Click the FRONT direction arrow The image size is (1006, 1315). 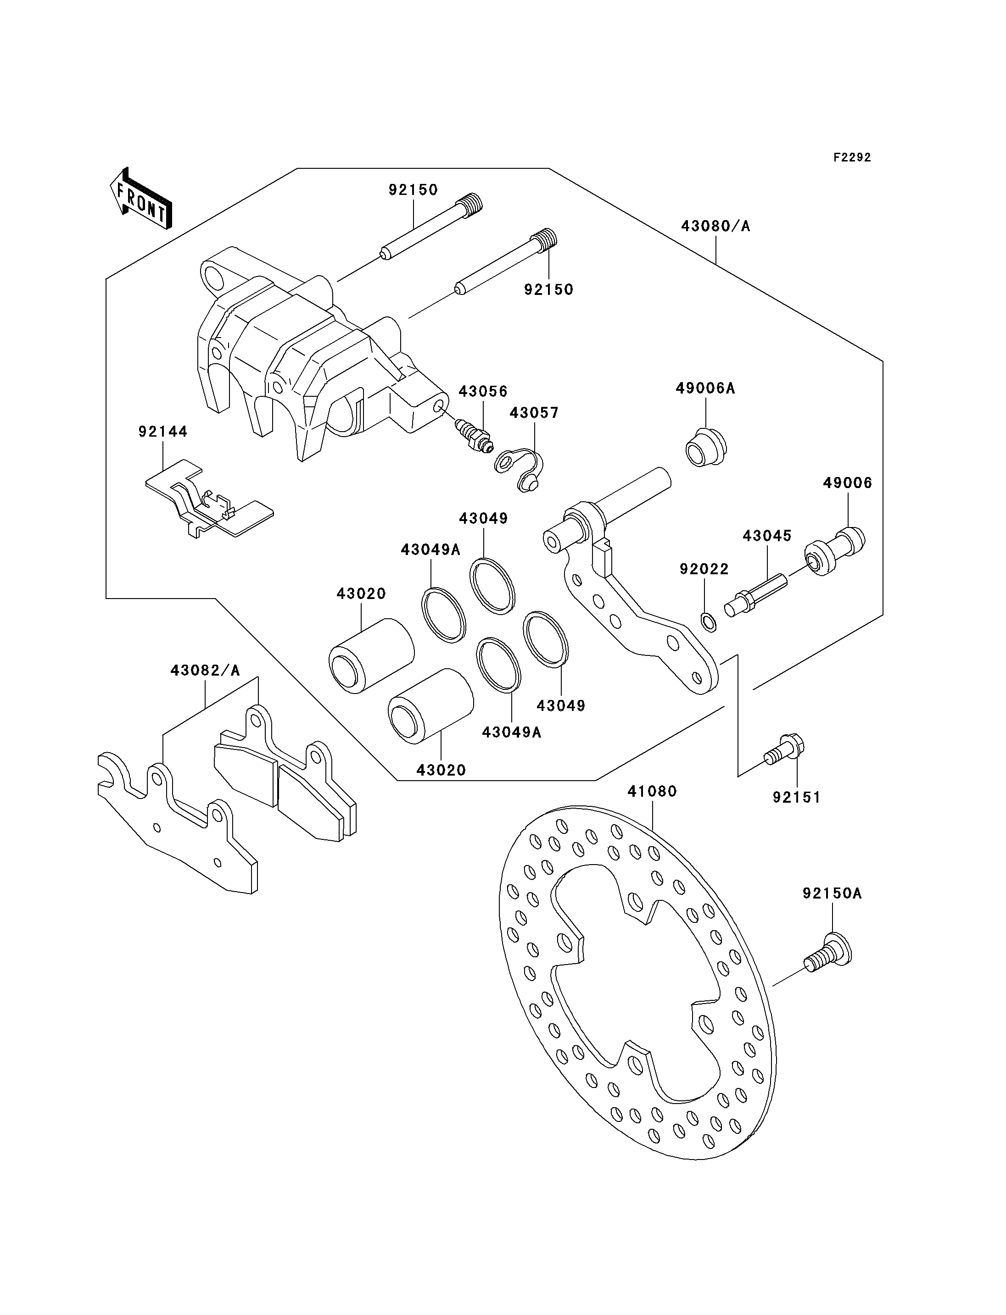[x=141, y=198]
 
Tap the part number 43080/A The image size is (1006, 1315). [x=715, y=226]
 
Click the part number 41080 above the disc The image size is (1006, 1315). [x=652, y=791]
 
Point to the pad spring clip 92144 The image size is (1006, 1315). [x=210, y=499]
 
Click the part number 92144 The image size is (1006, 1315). [x=163, y=432]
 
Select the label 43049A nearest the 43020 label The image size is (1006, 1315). [x=430, y=549]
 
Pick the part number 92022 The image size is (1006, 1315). [x=704, y=569]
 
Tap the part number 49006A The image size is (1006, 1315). [x=705, y=388]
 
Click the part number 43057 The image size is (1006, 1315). [x=534, y=413]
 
